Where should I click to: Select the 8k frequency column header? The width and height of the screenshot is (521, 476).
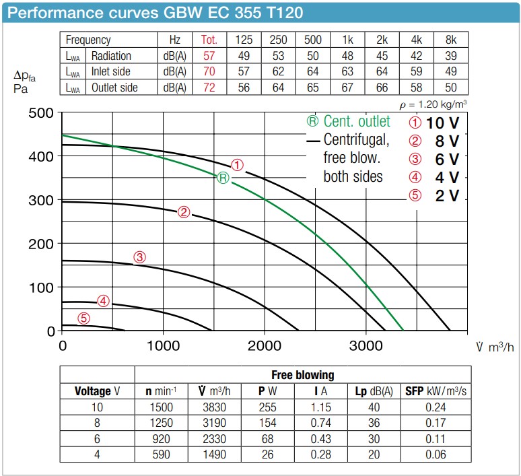coord(451,40)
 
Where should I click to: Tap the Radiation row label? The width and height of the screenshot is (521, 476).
coord(111,56)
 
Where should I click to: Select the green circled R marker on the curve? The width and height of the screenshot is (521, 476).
coord(223,178)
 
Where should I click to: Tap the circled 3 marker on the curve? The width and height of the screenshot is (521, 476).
coord(139,257)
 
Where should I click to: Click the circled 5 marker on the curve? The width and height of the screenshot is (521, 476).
coord(83,319)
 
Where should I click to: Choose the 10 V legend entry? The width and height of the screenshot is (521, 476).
coord(434,123)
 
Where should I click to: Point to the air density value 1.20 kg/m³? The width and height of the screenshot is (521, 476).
coord(433,104)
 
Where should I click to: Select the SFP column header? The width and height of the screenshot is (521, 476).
coord(435,390)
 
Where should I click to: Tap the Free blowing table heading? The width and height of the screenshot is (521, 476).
coord(302,375)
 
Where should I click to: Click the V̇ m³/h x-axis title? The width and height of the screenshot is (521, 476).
coord(495,347)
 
